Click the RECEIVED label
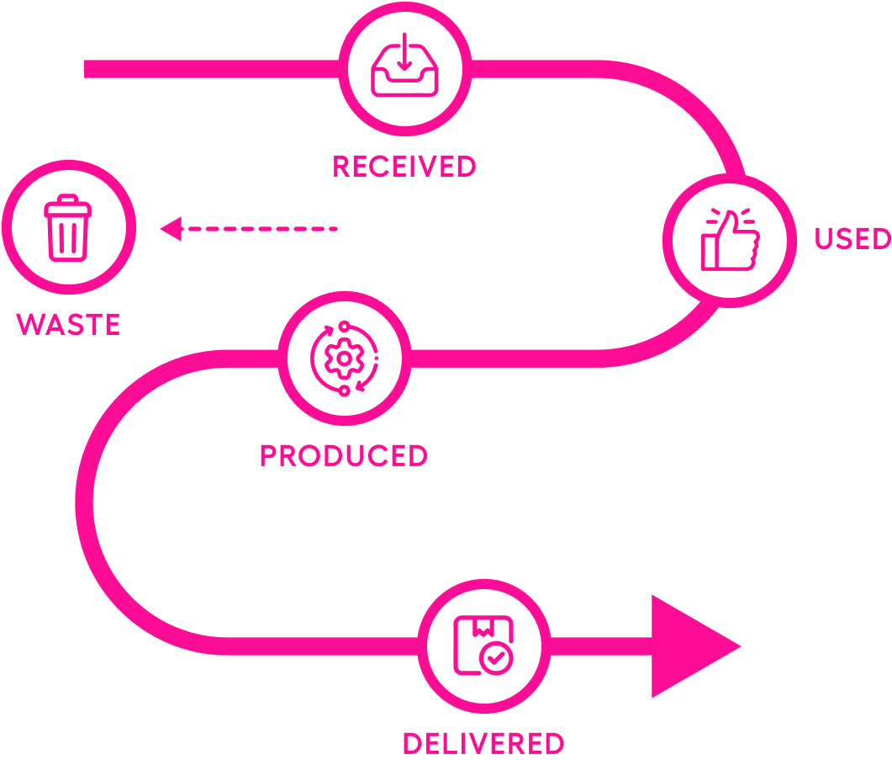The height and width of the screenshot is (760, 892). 404,167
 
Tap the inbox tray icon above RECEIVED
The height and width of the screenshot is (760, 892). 404,66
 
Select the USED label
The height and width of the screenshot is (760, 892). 852,239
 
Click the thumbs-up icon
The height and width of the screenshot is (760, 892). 729,240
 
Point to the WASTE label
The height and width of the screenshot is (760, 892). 69,324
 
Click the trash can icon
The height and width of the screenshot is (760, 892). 68,227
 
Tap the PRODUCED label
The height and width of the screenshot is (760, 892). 343,455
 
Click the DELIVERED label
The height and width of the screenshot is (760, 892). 483,743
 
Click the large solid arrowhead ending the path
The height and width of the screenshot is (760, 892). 689,646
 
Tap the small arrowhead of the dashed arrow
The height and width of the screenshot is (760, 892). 171,228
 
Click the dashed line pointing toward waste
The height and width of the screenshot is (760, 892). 261,228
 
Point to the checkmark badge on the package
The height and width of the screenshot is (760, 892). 497,659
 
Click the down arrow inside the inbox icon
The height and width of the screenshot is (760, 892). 404,52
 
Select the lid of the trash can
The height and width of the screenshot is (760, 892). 68,202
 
